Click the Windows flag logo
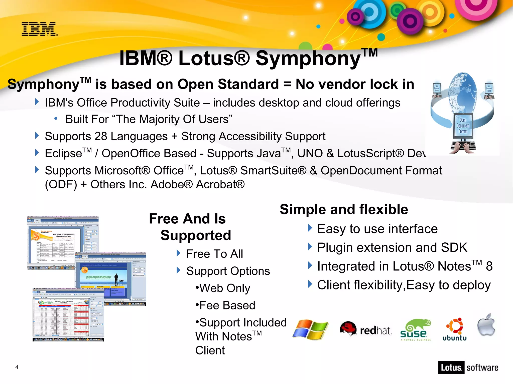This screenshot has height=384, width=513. (x=310, y=329)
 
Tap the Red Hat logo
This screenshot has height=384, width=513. (x=365, y=329)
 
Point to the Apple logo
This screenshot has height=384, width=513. (x=486, y=325)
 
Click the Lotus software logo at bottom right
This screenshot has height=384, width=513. (x=468, y=367)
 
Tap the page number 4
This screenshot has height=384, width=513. (x=17, y=367)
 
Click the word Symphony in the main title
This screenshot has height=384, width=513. (x=308, y=59)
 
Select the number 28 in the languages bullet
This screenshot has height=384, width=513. (x=101, y=137)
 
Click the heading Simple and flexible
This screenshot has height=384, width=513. (x=344, y=209)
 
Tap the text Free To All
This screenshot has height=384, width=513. (x=215, y=254)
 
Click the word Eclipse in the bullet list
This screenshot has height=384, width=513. (x=63, y=154)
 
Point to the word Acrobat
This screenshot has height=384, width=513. (x=220, y=185)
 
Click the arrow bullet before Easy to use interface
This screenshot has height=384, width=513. (x=310, y=228)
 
